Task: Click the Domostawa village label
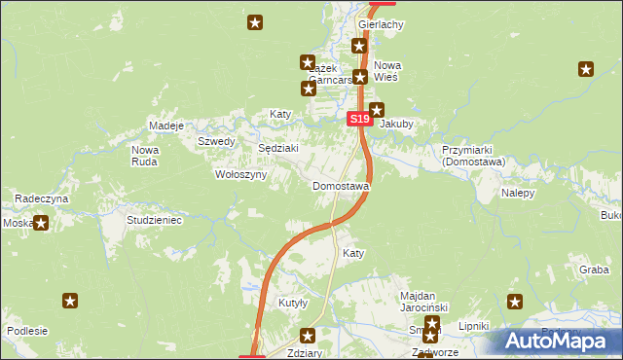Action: pyautogui.click(x=340, y=186)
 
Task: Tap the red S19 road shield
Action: pyautogui.click(x=359, y=119)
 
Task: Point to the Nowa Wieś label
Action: pyautogui.click(x=387, y=71)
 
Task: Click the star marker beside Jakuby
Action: pyautogui.click(x=378, y=110)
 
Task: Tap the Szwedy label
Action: pyautogui.click(x=216, y=141)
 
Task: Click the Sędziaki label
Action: pyautogui.click(x=277, y=148)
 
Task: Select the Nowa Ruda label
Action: pyautogui.click(x=145, y=156)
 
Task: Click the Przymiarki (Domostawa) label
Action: pyautogui.click(x=472, y=157)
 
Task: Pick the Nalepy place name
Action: pyautogui.click(x=518, y=193)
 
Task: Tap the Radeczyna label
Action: pyautogui.click(x=41, y=198)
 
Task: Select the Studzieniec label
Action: pyautogui.click(x=155, y=221)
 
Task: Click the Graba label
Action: pyautogui.click(x=593, y=270)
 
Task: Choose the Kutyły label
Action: pyautogui.click(x=293, y=303)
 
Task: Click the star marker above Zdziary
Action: pyautogui.click(x=309, y=336)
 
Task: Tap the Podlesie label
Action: pyautogui.click(x=27, y=331)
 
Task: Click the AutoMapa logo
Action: pyautogui.click(x=555, y=342)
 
